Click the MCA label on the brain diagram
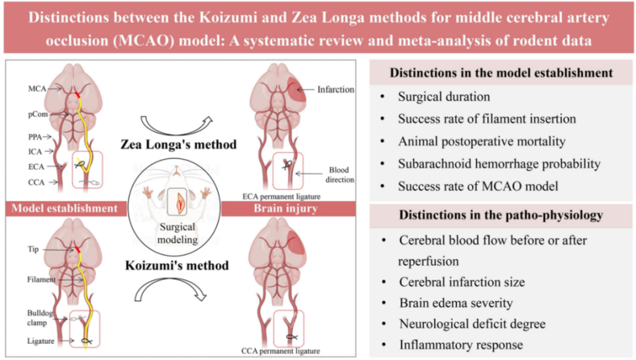click(37, 88)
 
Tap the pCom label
click(38, 115)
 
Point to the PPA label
click(35, 137)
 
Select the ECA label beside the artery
click(36, 166)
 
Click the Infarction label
click(335, 90)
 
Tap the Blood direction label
click(340, 174)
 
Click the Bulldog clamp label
click(39, 318)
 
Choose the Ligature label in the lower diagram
click(40, 341)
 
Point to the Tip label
click(33, 249)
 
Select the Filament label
click(41, 279)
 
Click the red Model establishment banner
click(66, 208)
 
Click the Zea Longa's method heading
click(178, 145)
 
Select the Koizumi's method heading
click(178, 265)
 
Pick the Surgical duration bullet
click(444, 97)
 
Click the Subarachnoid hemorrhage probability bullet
click(499, 164)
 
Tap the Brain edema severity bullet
click(456, 303)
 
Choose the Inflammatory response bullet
click(461, 345)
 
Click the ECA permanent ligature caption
click(282, 196)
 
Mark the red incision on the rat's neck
click(178, 203)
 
